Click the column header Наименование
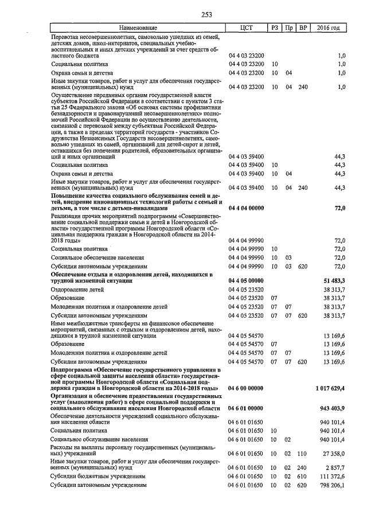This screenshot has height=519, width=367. point(138,28)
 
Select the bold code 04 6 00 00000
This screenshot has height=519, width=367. point(246,388)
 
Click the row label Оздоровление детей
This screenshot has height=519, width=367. point(77,290)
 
